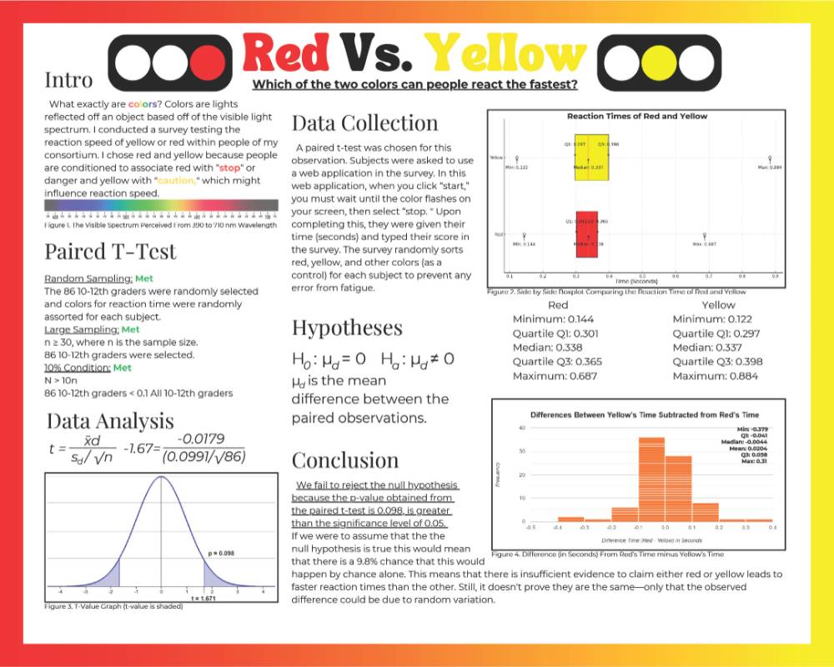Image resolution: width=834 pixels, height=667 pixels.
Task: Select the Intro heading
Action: click(x=68, y=81)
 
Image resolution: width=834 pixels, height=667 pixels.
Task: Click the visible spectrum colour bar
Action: click(x=162, y=205)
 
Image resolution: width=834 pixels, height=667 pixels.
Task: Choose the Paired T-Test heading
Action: click(x=110, y=251)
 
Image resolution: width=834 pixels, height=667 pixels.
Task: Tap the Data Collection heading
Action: click(x=364, y=123)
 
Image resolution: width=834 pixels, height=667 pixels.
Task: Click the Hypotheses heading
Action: click(x=347, y=327)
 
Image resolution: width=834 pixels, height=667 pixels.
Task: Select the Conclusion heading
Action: click(x=345, y=459)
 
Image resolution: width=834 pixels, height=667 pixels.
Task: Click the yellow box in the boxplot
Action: click(x=592, y=158)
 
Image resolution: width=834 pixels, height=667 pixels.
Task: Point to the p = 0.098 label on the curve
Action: click(x=220, y=553)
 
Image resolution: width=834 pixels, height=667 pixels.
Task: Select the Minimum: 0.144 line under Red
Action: click(x=558, y=318)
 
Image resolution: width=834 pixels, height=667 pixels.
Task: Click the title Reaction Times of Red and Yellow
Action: click(x=636, y=116)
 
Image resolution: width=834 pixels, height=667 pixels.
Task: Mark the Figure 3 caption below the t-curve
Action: click(x=113, y=606)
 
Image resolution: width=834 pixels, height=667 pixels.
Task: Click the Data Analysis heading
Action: click(x=110, y=420)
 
